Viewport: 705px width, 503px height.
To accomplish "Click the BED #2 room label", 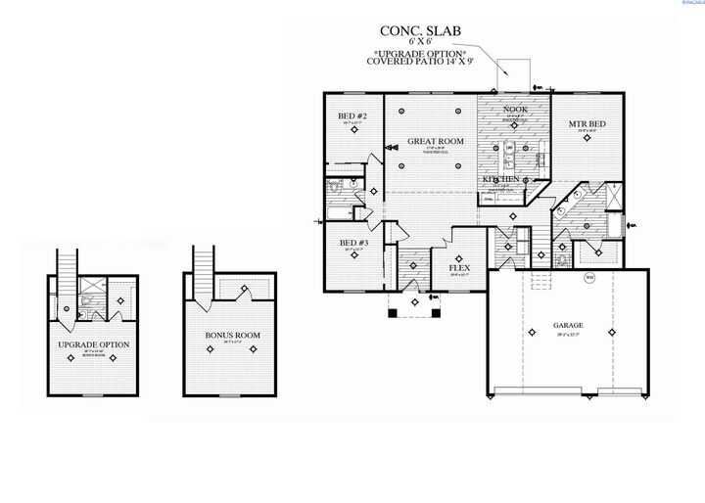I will click(352, 116).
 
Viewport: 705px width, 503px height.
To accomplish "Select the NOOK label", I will click(515, 111).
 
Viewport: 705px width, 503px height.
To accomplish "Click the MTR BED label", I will click(587, 124).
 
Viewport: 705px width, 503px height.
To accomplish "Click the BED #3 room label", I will click(353, 242).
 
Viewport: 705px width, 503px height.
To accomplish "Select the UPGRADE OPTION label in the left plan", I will click(94, 345).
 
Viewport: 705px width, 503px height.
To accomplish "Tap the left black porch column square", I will click(393, 313).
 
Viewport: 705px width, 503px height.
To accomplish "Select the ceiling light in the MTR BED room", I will click(587, 139).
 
